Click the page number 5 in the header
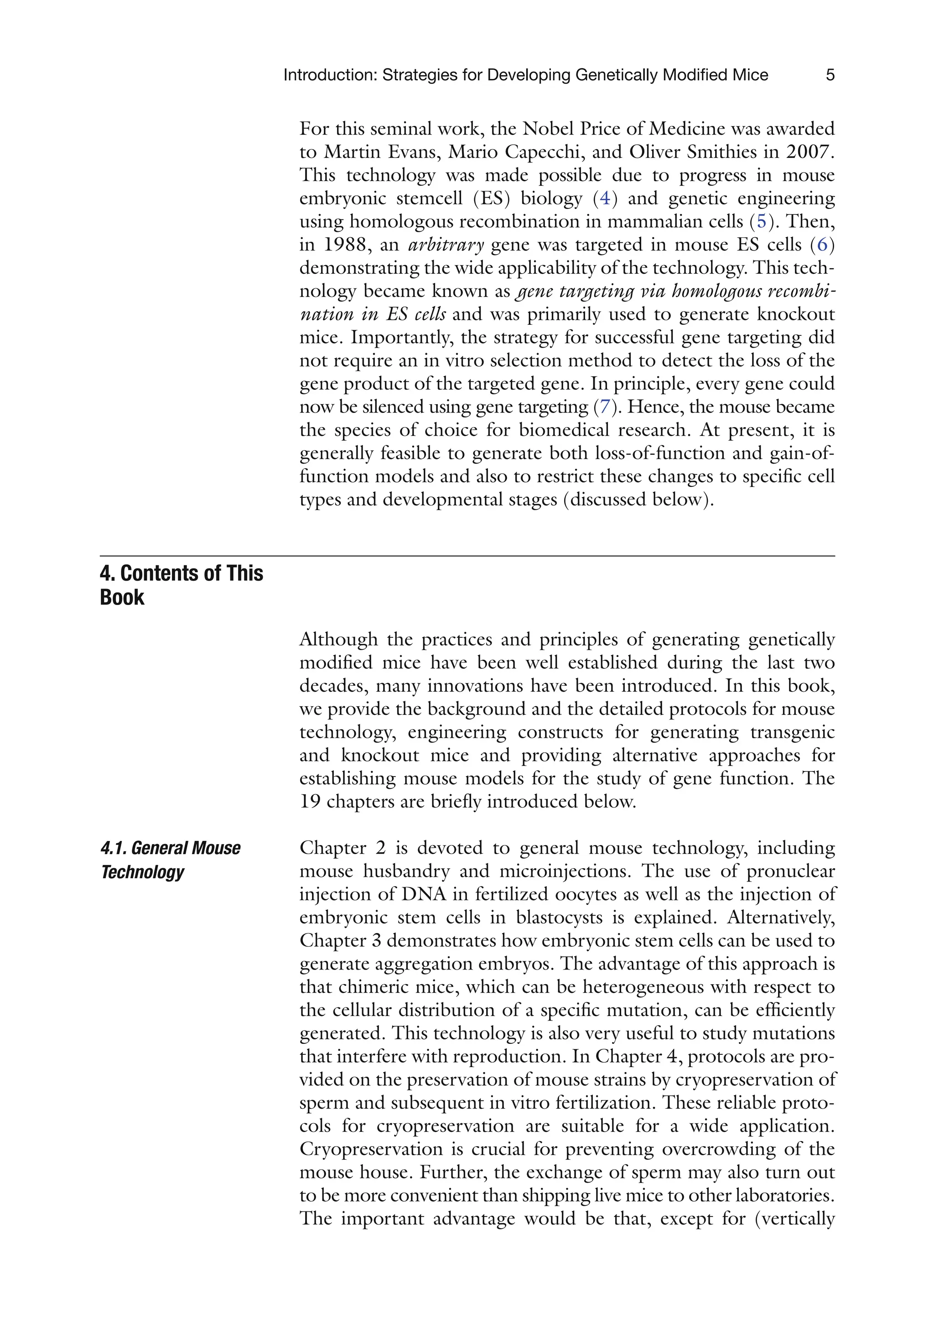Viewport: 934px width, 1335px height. pyautogui.click(x=830, y=75)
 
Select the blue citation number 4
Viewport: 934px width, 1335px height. pyautogui.click(x=605, y=198)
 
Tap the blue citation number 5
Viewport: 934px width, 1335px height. pyautogui.click(x=761, y=222)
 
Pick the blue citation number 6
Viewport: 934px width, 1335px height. pyautogui.click(x=822, y=245)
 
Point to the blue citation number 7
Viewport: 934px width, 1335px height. pyautogui.click(x=604, y=407)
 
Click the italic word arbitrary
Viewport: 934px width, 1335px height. pyautogui.click(x=446, y=245)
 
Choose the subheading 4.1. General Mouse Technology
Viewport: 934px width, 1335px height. pyautogui.click(x=170, y=860)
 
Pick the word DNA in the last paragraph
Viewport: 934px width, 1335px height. pyautogui.click(x=423, y=894)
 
